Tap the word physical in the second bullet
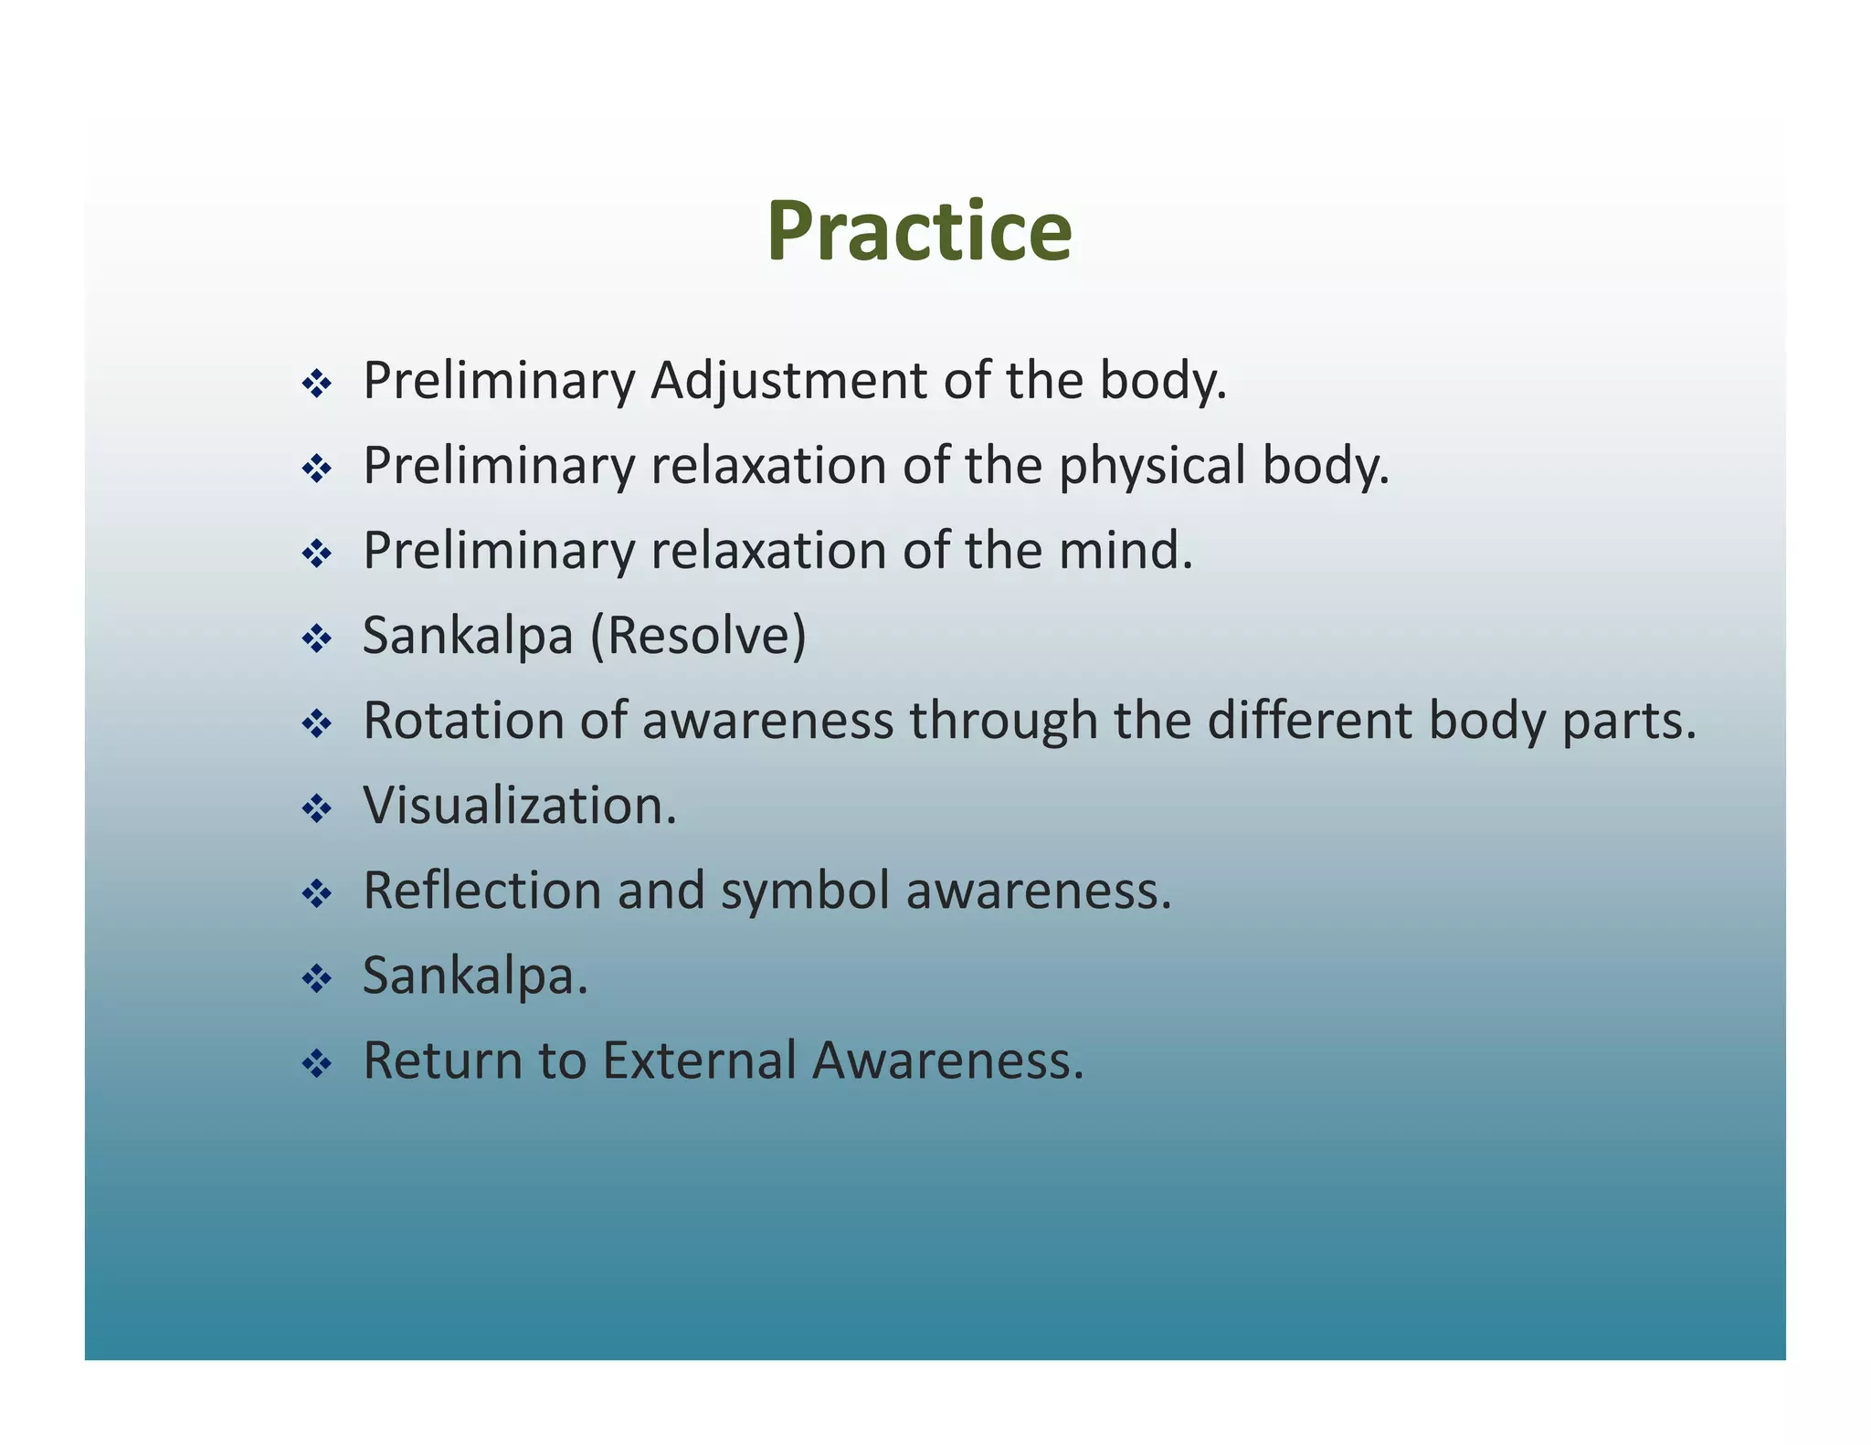1152,466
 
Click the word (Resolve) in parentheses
698,636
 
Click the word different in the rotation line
1309,721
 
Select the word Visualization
519,806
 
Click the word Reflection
481,891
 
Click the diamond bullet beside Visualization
316,808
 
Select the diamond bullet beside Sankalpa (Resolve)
316,638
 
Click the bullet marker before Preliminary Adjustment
316,384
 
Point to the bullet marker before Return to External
316,1063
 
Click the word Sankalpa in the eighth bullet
473,976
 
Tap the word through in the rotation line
1002,722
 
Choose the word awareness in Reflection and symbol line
1037,891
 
